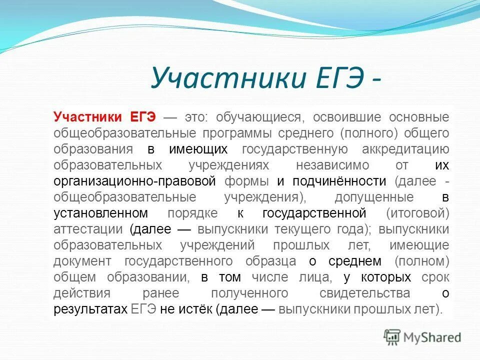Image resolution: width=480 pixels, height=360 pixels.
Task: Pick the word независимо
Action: [x=332, y=165]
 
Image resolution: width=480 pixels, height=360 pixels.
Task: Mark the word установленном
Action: [x=100, y=213]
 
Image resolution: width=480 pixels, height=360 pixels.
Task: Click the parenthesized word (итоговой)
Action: [x=417, y=213]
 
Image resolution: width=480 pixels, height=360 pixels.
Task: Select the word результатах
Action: [x=90, y=309]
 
